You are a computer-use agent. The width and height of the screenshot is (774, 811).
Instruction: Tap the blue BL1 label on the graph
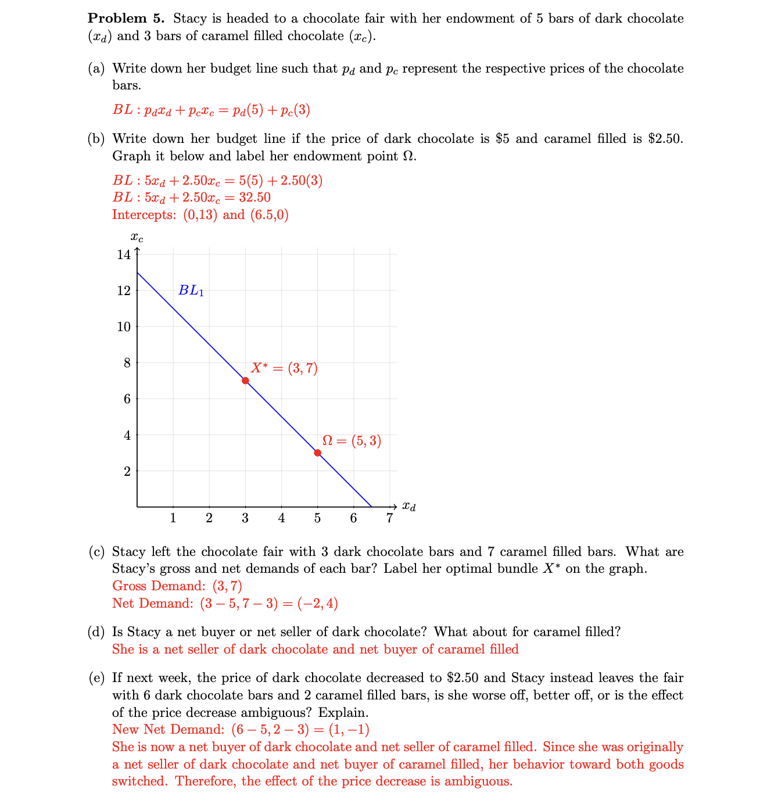(191, 290)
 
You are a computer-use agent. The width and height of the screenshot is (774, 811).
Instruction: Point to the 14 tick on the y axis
(124, 254)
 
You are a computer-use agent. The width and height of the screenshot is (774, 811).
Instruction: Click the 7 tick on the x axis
(389, 518)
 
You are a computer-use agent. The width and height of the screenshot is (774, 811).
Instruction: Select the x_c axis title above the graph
(137, 238)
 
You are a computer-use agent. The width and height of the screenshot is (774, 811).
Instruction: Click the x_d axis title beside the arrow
(409, 507)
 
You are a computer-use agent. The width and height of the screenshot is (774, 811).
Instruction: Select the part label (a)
(96, 69)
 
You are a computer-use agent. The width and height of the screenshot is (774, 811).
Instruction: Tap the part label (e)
(96, 678)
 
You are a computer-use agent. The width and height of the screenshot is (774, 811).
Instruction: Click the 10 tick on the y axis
(124, 326)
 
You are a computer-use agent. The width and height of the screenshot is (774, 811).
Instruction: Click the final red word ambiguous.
(478, 781)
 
